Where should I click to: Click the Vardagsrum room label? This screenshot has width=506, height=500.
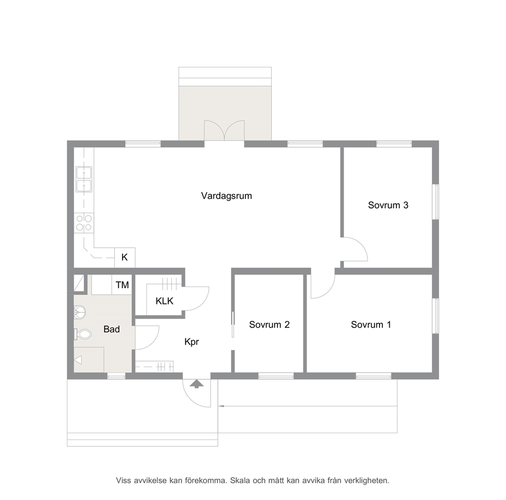226,196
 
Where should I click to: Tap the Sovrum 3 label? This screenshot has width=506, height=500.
388,205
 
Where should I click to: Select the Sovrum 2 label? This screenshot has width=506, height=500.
269,324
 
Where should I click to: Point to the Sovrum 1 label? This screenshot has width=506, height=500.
371,324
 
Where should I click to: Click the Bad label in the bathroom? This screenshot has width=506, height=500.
111,329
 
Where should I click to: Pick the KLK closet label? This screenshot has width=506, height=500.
164,301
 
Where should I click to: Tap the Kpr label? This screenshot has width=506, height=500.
191,341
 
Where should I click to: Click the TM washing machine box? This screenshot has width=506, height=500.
122,284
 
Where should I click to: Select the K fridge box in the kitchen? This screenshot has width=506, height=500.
125,257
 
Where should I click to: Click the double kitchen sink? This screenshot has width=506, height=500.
84,179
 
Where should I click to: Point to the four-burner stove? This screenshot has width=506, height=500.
84,222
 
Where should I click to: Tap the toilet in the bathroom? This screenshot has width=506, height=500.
83,334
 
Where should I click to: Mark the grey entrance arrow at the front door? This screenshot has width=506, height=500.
196,384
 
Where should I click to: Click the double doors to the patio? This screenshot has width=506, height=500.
224,130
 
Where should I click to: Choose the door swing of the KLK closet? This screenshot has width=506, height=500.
196,298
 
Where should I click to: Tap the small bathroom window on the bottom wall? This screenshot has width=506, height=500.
116,376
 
